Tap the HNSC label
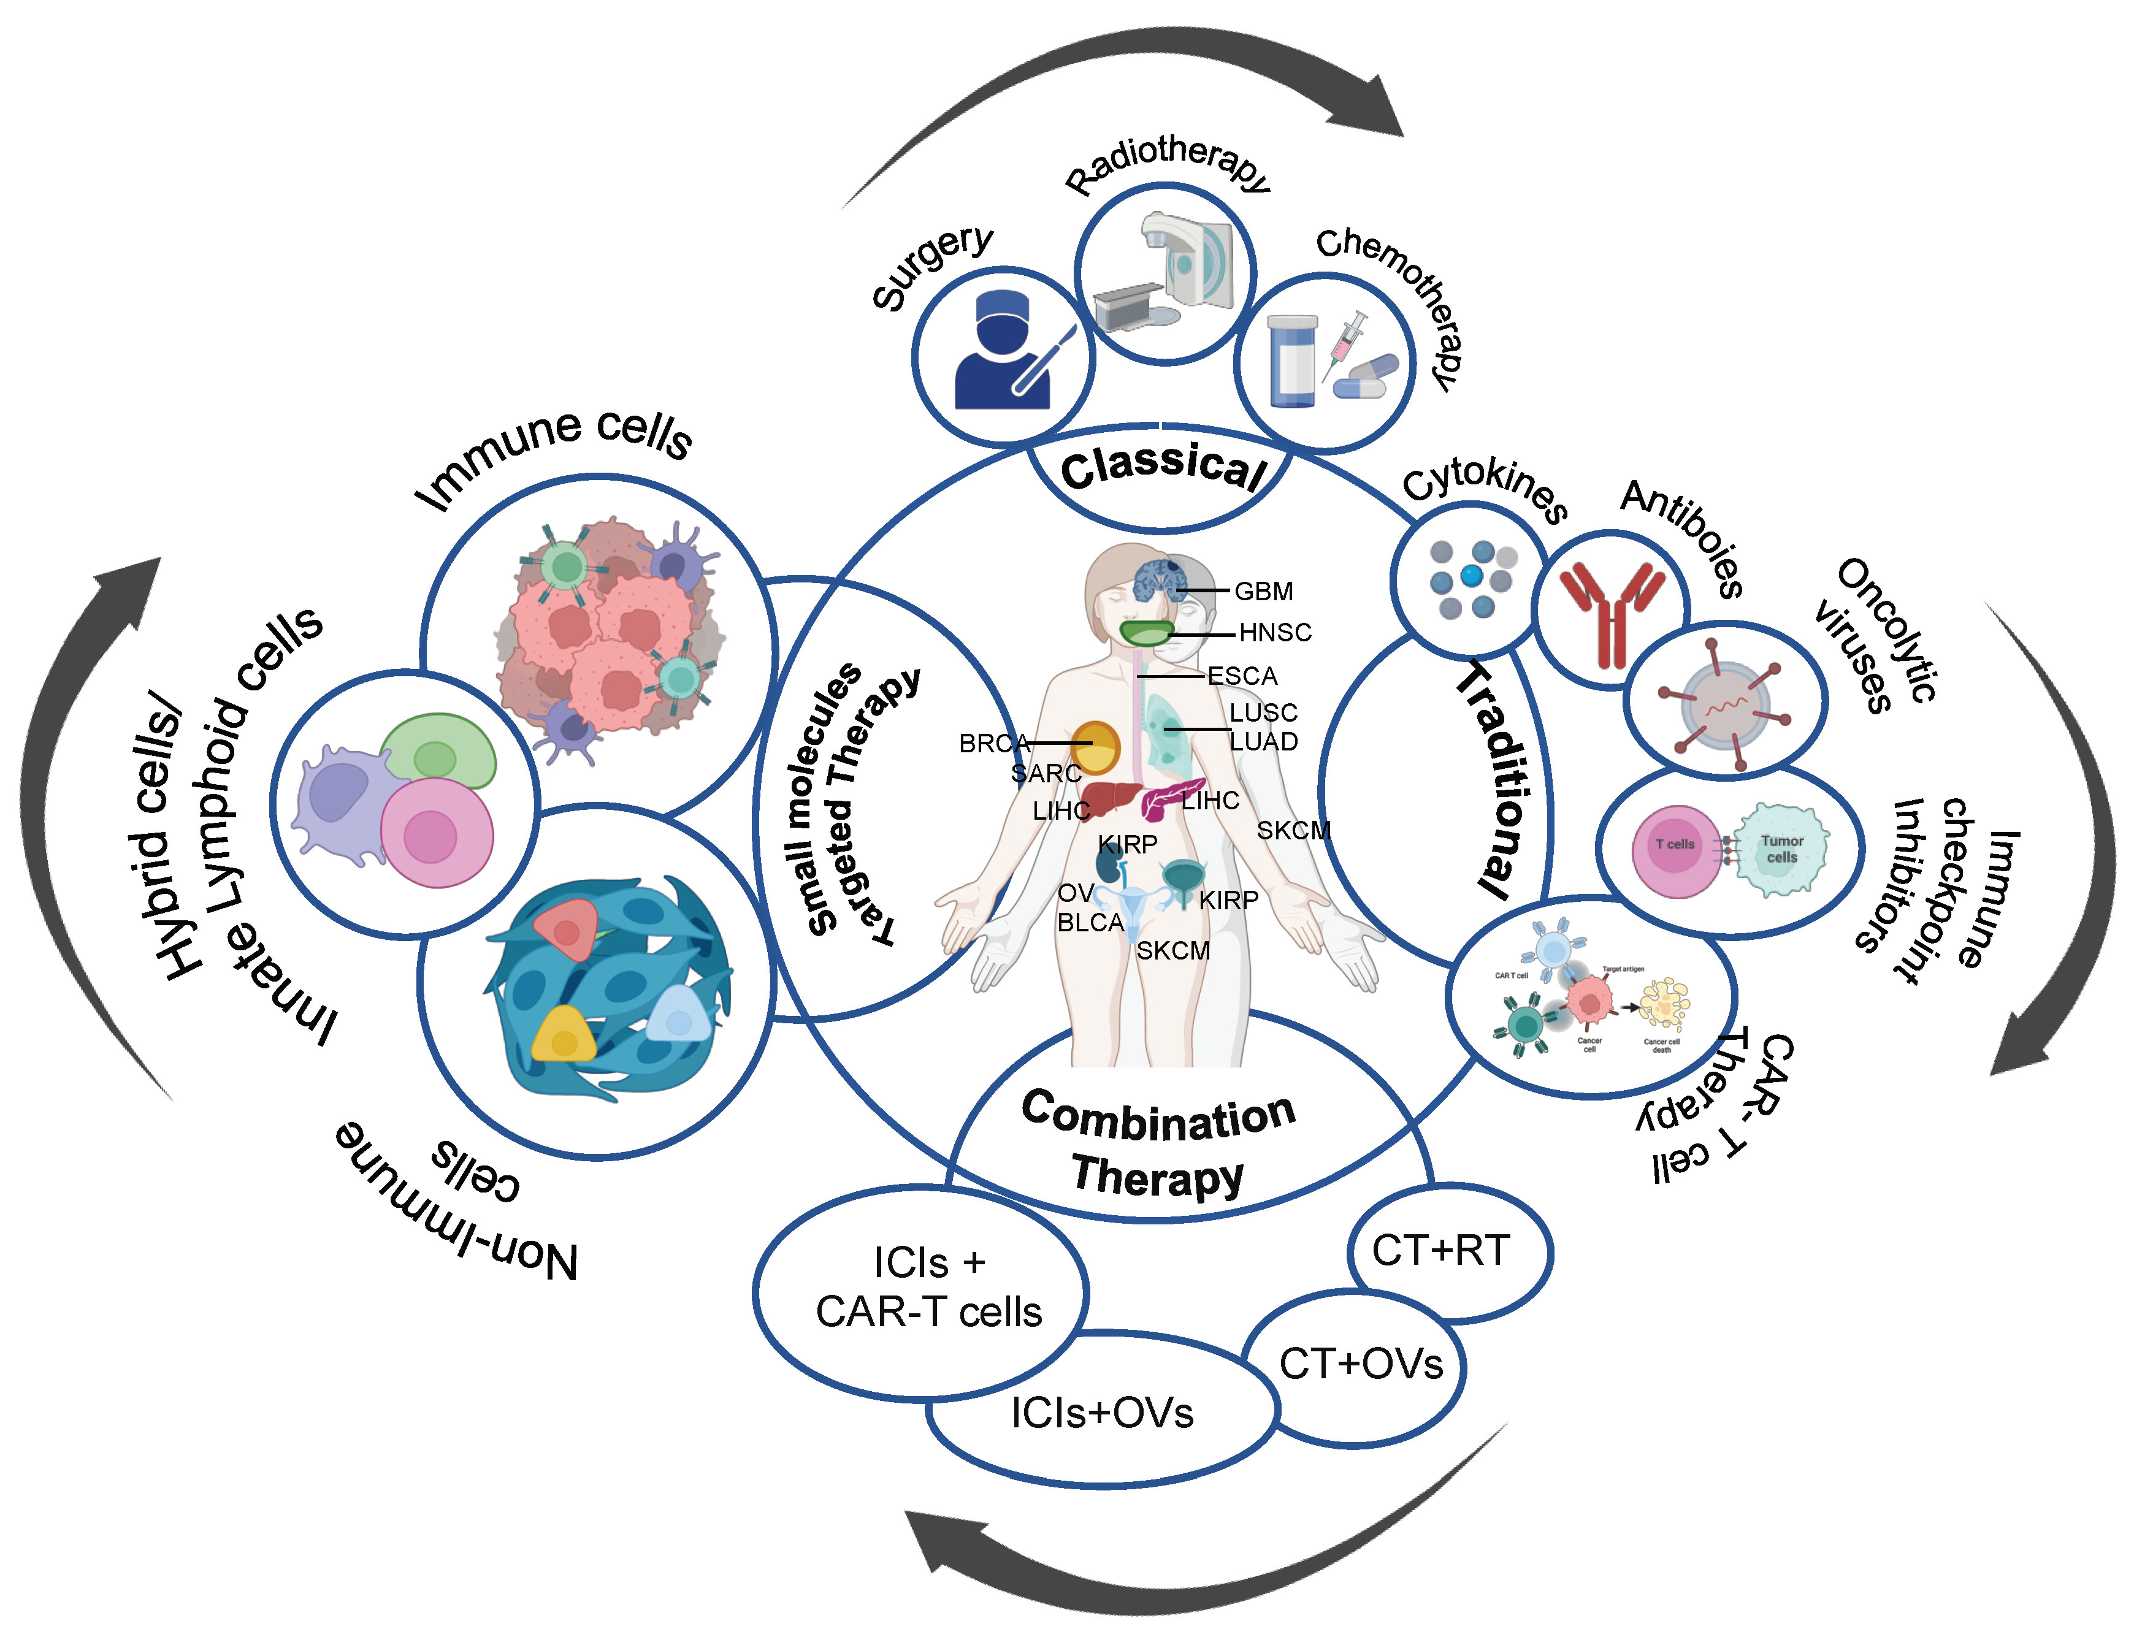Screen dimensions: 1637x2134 pos(1274,632)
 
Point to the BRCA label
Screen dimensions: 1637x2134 pos(993,744)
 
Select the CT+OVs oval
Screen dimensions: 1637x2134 pos(1360,1364)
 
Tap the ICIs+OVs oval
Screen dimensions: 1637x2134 pos(1102,1413)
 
